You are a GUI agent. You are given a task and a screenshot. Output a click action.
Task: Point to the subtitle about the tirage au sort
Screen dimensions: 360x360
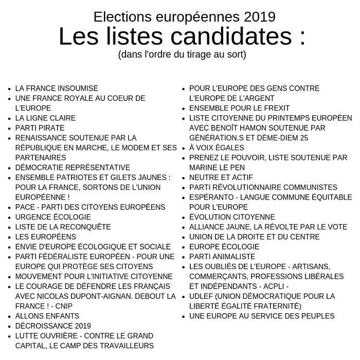coord(182,53)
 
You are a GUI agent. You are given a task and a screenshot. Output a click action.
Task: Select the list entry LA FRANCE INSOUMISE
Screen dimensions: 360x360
coord(57,88)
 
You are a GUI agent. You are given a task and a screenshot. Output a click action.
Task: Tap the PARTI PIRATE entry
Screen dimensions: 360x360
coord(40,128)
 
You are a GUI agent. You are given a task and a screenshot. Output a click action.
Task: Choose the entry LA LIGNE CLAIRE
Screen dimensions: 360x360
coord(45,118)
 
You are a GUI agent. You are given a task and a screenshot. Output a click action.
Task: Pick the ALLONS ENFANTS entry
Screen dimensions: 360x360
coord(47,316)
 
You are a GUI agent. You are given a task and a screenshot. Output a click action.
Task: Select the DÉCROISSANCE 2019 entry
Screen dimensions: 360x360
coord(53,326)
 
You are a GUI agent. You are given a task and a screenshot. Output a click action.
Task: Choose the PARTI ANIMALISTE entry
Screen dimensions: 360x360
coord(222,257)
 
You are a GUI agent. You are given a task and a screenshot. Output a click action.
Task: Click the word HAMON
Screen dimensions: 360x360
coord(260,128)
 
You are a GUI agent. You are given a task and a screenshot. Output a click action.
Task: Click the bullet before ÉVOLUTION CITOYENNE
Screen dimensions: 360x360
coord(184,218)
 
